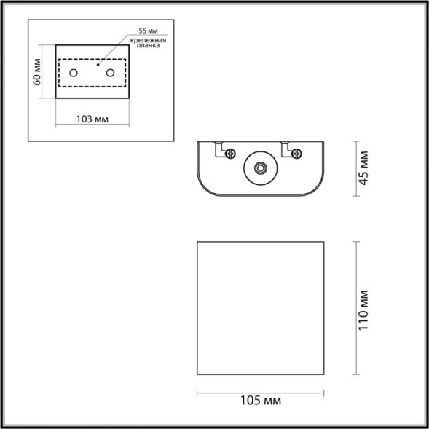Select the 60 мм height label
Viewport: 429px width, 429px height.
pos(37,71)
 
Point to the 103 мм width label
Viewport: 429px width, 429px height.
pos(93,119)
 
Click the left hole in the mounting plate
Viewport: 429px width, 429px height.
pos(74,73)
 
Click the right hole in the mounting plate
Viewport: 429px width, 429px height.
pos(111,73)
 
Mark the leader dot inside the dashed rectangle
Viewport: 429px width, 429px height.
pos(98,64)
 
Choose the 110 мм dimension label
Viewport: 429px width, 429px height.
pos(364,307)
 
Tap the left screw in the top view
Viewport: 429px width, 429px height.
pos(231,153)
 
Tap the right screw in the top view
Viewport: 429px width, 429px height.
pos(296,153)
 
